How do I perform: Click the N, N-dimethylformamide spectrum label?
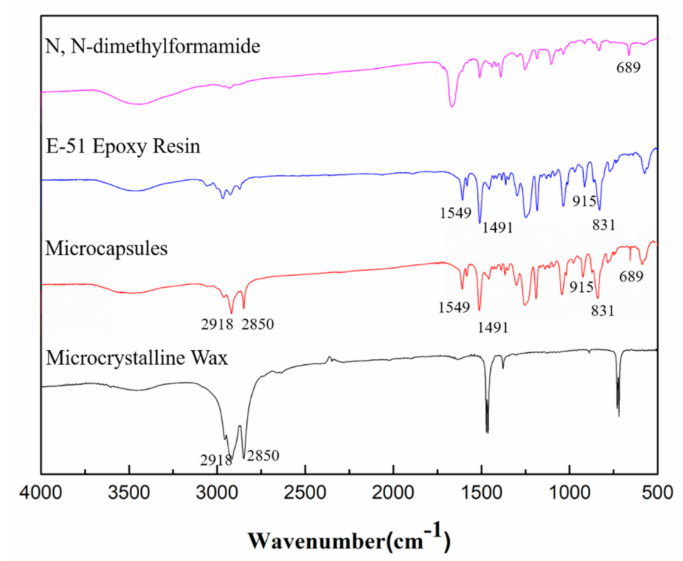coord(153,47)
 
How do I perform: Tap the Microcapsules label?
coord(106,248)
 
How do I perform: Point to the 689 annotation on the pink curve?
coord(629,67)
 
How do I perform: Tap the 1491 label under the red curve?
coord(493,327)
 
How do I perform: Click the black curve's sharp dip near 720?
coord(618,415)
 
